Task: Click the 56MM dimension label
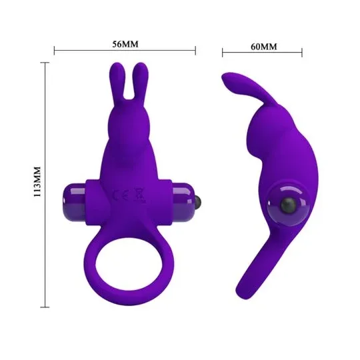point(125,44)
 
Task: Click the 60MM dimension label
point(264,47)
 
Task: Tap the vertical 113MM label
point(37,181)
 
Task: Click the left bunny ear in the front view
point(117,81)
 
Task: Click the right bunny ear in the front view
point(141,81)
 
